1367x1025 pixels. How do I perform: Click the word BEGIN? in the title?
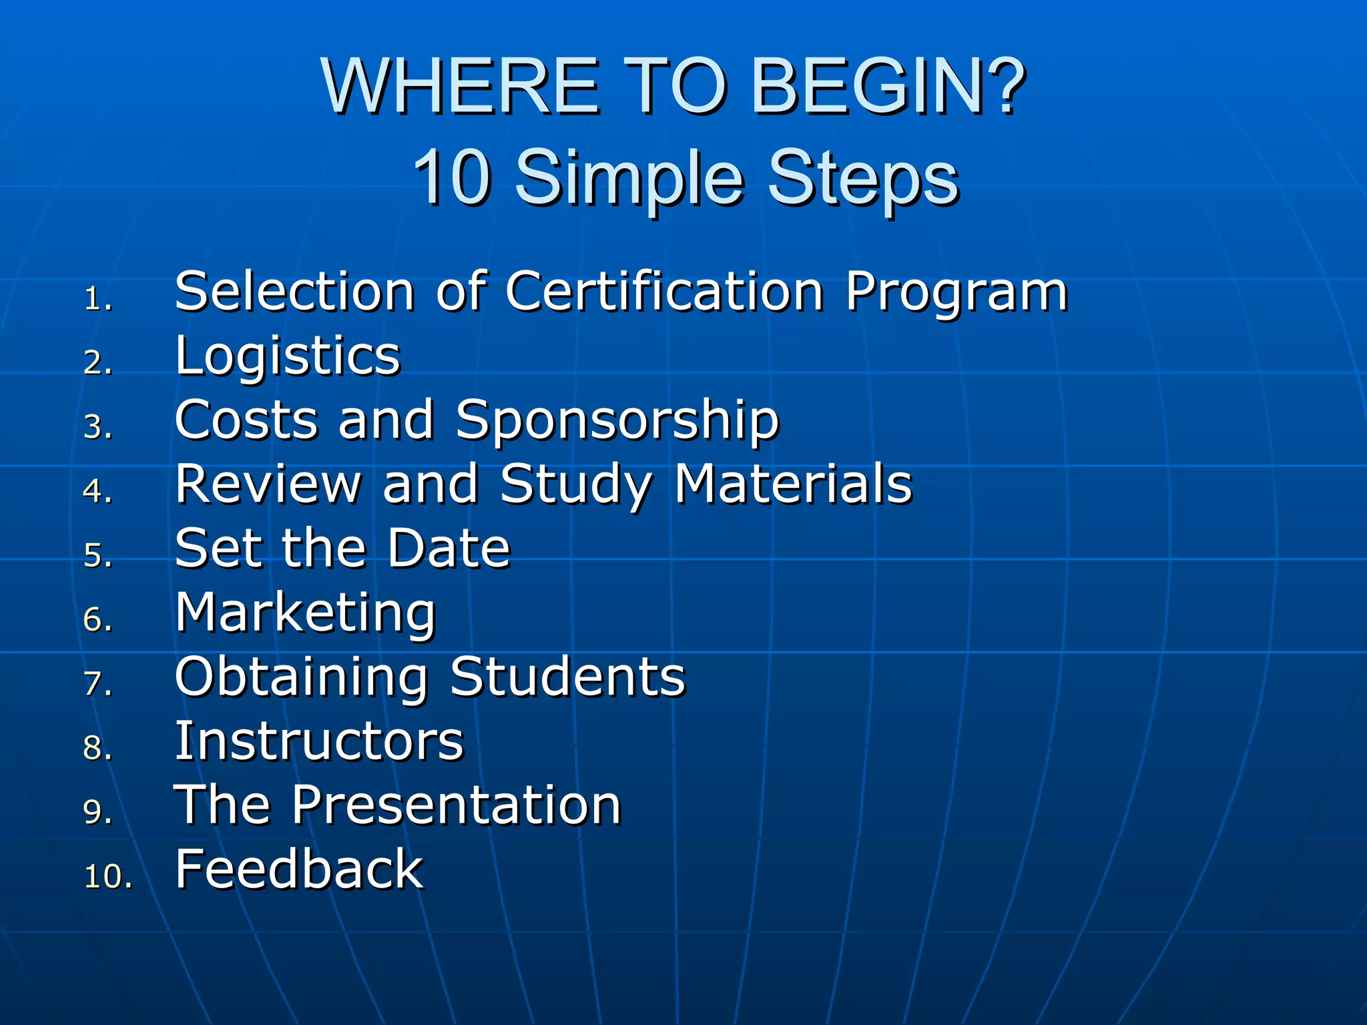(888, 87)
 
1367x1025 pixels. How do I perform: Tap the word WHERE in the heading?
(460, 87)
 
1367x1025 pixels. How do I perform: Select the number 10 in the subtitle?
(452, 177)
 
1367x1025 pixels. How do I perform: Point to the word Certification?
(664, 292)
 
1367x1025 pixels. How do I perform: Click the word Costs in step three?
(246, 420)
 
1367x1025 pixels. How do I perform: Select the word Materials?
(792, 484)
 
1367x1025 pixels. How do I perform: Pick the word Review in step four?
(268, 484)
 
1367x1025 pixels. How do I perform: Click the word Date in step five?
(449, 548)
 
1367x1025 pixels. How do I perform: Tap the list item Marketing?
(305, 613)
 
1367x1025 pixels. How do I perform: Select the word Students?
(567, 677)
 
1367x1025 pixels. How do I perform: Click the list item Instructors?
(319, 741)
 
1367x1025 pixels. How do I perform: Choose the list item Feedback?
(299, 869)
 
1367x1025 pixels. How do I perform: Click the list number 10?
(107, 876)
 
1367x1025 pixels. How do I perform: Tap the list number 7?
(97, 684)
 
